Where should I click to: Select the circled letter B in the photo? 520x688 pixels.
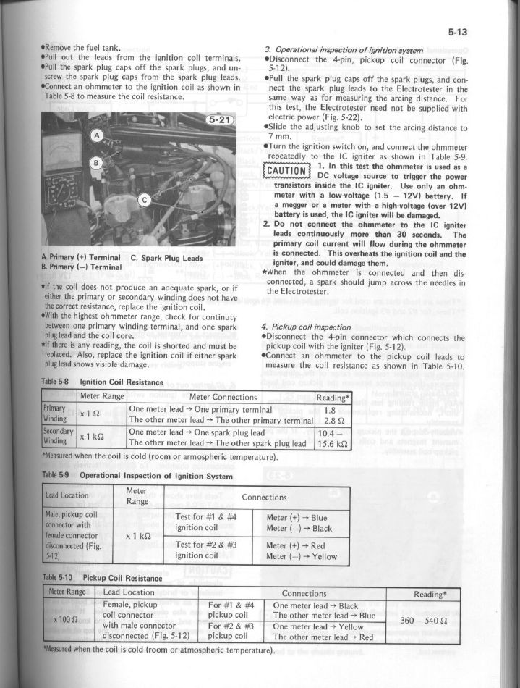93,164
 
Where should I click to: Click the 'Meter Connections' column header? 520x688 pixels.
222,398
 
